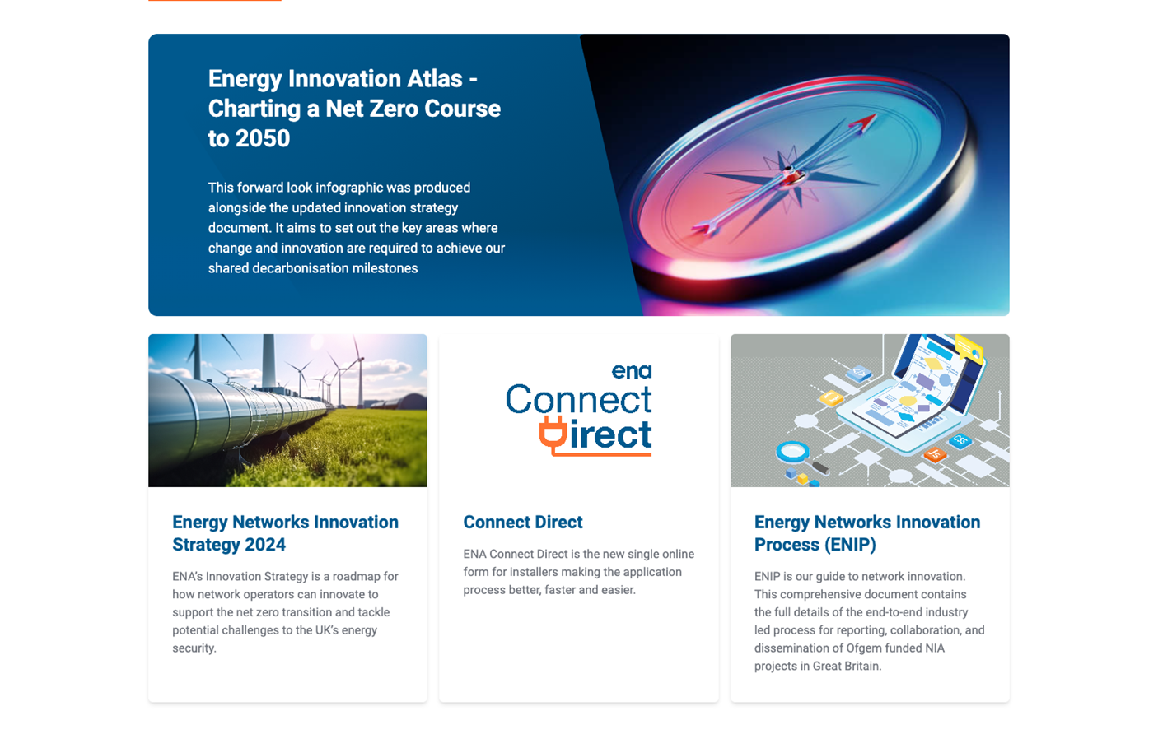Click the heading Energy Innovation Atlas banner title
(354, 109)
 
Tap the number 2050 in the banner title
(263, 138)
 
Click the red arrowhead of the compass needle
(863, 122)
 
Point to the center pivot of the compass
(789, 174)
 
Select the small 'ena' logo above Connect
(632, 371)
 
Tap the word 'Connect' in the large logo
(578, 399)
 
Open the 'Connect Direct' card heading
(523, 522)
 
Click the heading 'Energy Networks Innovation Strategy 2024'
(285, 533)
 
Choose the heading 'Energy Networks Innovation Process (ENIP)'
(867, 533)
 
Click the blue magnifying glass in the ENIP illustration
(792, 452)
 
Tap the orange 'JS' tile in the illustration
(935, 454)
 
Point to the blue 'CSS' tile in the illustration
(960, 440)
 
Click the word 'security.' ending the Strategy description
(194, 648)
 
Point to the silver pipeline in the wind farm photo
(222, 413)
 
